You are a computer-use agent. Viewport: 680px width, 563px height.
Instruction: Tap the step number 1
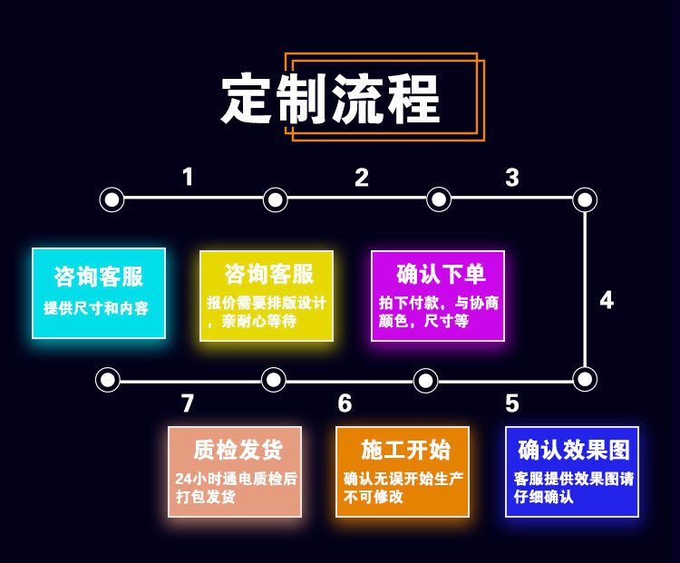[x=188, y=177]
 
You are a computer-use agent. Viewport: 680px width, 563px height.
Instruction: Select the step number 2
[x=362, y=178]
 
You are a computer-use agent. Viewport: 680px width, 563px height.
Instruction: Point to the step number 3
[x=512, y=178]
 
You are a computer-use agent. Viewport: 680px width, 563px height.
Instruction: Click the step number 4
[x=607, y=300]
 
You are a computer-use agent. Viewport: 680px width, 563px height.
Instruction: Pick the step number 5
[x=512, y=403]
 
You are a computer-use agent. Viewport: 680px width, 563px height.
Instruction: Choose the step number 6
[x=345, y=403]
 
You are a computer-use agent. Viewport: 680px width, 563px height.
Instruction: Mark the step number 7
[x=188, y=403]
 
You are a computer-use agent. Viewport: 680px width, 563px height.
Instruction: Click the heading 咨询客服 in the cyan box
[x=98, y=277]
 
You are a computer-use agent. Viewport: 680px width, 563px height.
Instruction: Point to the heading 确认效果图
[x=573, y=450]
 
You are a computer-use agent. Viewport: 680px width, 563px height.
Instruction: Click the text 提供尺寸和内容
[x=96, y=308]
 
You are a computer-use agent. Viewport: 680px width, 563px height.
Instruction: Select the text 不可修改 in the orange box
[x=374, y=497]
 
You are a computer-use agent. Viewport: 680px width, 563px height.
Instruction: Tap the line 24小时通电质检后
[x=236, y=478]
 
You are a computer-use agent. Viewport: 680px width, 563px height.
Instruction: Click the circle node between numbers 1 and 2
[x=276, y=199]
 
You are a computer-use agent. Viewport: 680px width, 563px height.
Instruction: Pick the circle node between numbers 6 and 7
[x=273, y=379]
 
